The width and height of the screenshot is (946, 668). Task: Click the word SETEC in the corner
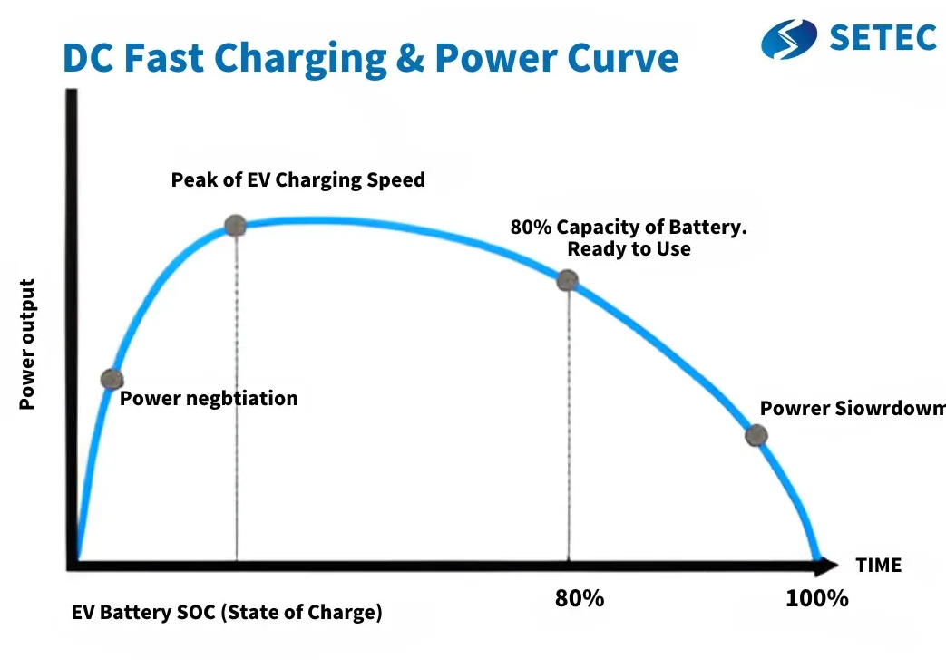tap(883, 37)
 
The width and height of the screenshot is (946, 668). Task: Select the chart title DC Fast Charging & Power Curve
tap(370, 58)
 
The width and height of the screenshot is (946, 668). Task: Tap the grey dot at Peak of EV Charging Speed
tap(235, 226)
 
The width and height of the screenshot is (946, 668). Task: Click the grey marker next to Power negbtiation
tap(112, 380)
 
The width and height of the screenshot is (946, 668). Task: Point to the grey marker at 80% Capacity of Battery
tap(568, 280)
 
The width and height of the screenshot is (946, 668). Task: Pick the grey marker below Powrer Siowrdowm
tap(756, 435)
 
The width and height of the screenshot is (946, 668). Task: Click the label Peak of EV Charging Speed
tap(297, 179)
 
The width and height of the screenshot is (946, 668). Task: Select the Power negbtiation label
tap(209, 398)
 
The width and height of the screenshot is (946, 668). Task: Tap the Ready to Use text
tap(629, 248)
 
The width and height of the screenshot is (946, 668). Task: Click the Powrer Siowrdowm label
tap(852, 408)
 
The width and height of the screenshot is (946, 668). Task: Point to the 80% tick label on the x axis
tap(579, 599)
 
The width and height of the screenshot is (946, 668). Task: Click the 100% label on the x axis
tap(817, 599)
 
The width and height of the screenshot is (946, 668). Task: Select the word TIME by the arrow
tap(878, 566)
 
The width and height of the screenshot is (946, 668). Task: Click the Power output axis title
tap(27, 344)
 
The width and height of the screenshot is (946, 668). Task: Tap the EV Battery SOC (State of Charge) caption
tap(227, 613)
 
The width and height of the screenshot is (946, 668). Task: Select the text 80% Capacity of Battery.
tap(629, 228)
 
